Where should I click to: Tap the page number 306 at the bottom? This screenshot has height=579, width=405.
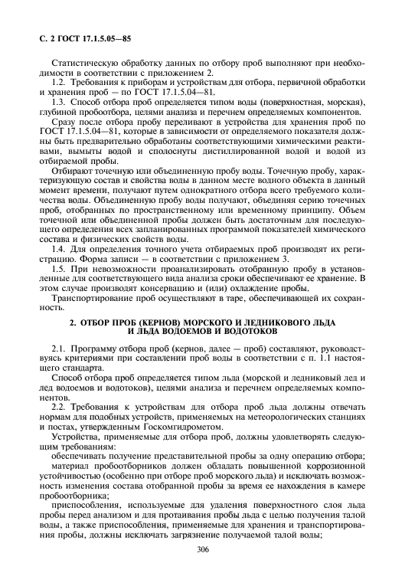pyautogui.click(x=203, y=550)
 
